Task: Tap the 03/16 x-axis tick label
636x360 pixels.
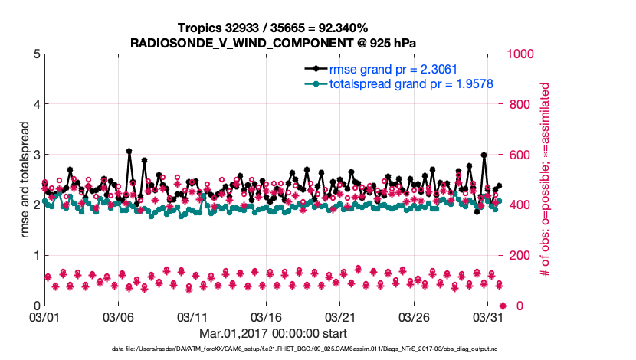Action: [x=266, y=316]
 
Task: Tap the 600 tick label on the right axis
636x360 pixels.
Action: [x=520, y=155]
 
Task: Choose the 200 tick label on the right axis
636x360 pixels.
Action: [x=520, y=255]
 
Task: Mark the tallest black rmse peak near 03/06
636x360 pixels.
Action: [x=129, y=151]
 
